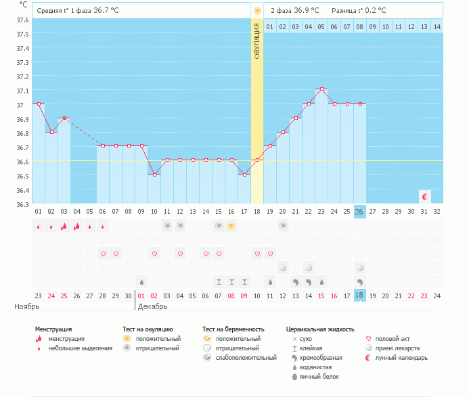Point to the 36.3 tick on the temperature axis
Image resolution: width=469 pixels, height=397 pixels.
coord(22,204)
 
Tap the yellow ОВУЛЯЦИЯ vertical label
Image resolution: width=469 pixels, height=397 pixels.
coord(257,41)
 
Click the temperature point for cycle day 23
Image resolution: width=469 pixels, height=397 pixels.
coord(321,89)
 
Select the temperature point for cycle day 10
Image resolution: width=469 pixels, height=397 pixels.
coord(154,174)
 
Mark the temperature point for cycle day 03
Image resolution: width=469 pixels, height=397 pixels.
coord(64,118)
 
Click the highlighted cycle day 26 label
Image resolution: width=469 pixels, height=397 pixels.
coord(360,211)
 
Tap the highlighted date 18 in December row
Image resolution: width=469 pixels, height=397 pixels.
coord(360,295)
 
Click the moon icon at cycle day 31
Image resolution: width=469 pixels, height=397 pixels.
coord(425,197)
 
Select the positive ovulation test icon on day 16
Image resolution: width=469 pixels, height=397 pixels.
coord(231,226)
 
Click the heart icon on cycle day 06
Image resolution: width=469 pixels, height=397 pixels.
coord(103,254)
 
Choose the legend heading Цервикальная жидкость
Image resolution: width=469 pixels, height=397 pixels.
coord(319,329)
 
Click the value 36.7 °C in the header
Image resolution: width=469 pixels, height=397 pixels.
coord(106,11)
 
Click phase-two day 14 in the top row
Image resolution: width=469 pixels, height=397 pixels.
coord(437,26)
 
